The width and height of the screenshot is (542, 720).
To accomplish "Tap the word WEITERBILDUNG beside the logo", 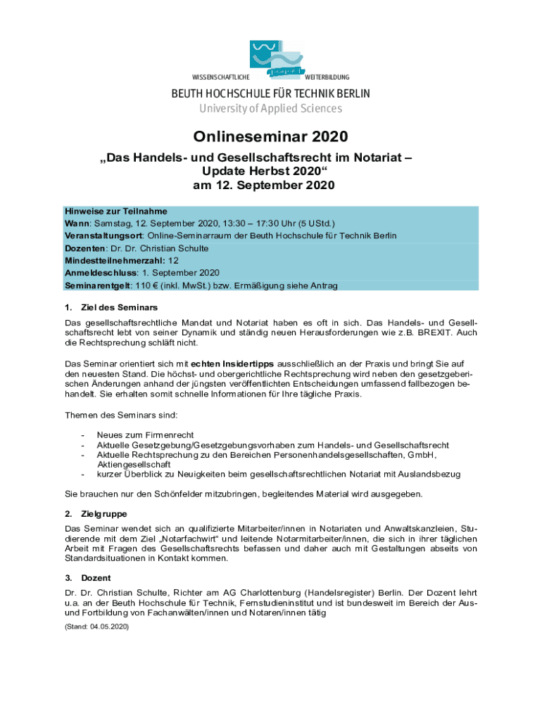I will (327, 77).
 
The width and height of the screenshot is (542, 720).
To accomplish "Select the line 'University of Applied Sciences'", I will (271, 108).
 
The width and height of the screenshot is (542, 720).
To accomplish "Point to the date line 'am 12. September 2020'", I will (271, 186).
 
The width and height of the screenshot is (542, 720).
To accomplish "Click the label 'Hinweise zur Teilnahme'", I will (116, 210).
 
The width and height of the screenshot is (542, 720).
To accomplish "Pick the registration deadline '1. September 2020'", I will (181, 273).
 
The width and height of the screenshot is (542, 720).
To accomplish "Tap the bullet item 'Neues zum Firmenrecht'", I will (145, 435).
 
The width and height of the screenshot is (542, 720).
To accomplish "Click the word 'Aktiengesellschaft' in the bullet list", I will (134, 465).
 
